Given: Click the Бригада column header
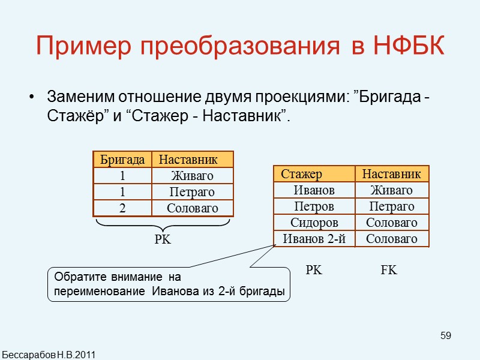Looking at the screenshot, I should coord(122,160).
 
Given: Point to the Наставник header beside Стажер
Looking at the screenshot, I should coord(392,174).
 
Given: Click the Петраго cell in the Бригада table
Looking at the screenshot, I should coord(192,192).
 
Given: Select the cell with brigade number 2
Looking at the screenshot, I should coord(122,208).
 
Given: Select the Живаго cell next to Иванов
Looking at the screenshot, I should coord(392,190).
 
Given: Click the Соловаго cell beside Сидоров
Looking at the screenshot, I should coord(392,223).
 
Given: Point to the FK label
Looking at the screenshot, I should coord(389,271).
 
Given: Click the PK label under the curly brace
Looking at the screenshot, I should coord(163,239).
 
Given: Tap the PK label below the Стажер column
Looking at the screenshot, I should coord(314,271).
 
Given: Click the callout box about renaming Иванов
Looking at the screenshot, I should coord(169,285).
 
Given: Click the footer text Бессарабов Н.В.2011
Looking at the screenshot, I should coord(48,354).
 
